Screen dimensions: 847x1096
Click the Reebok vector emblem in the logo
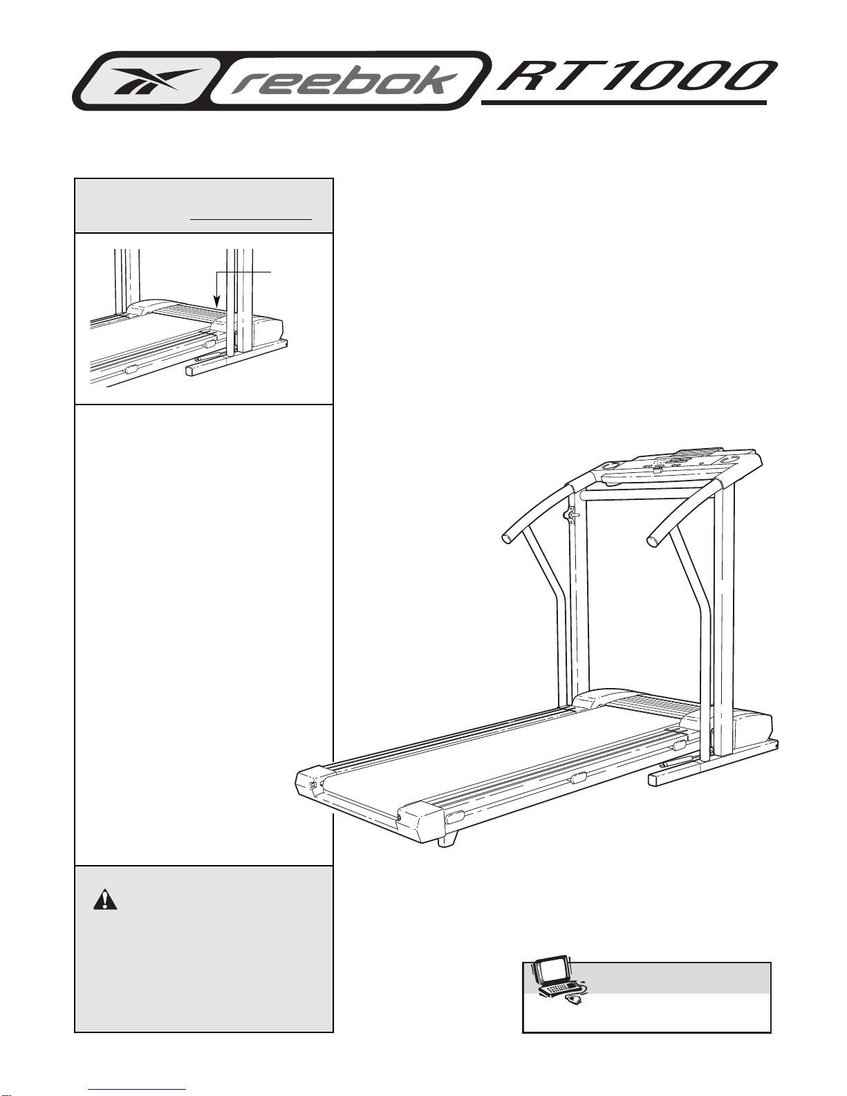click(156, 81)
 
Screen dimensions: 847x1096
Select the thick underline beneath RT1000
click(624, 103)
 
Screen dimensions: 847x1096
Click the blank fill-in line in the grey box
click(251, 219)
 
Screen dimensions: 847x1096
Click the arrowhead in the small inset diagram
click(217, 301)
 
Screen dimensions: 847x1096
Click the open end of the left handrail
click(508, 538)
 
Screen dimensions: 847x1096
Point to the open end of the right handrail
click(653, 541)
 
